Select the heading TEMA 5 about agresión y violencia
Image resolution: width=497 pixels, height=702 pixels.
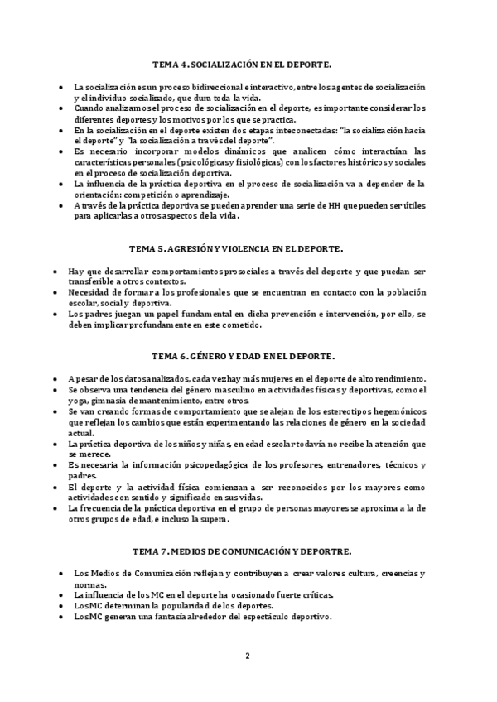pyautogui.click(x=248, y=248)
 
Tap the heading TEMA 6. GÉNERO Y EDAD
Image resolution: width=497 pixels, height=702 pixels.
pyautogui.click(x=248, y=356)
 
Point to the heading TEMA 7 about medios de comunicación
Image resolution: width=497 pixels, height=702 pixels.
pyautogui.click(x=248, y=551)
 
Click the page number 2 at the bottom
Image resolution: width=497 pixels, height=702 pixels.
pyautogui.click(x=247, y=656)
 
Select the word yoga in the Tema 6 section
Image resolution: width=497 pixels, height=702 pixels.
pyautogui.click(x=84, y=401)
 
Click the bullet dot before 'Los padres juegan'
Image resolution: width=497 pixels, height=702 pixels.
pyautogui.click(x=55, y=314)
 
